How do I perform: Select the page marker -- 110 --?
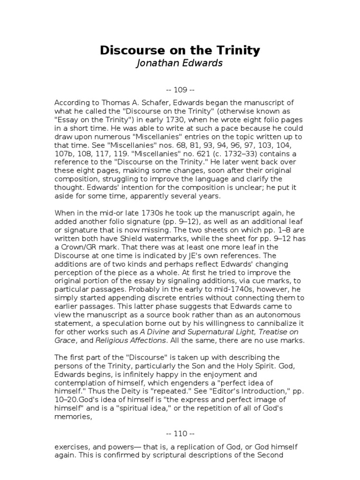[180, 433]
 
